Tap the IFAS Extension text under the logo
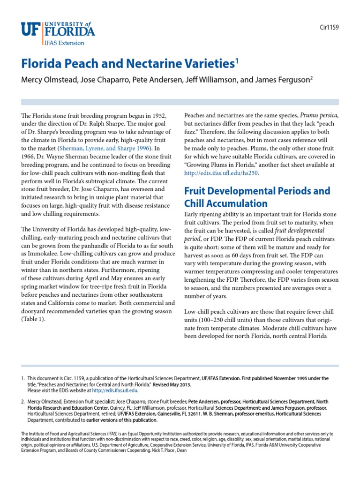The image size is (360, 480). tap(64, 43)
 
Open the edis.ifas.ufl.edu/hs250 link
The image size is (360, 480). tap(221, 173)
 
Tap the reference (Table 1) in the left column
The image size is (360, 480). tap(33, 319)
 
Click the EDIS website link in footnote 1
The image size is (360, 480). tap(114, 390)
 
